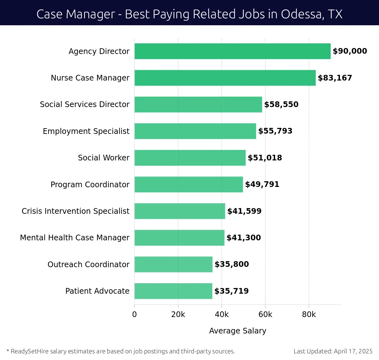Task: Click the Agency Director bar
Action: [232, 51]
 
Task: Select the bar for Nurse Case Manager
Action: [225, 78]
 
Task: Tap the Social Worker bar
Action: [190, 158]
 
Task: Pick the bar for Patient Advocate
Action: [173, 291]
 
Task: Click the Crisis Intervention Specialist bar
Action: [180, 211]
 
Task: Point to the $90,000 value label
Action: [350, 51]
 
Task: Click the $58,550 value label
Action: [281, 105]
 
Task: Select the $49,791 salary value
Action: [262, 184]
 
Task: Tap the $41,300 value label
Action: [244, 238]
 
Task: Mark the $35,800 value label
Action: [232, 264]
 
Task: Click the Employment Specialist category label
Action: [86, 131]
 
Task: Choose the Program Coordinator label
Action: [90, 184]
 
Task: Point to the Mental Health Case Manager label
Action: [75, 237]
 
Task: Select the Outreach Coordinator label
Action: [88, 264]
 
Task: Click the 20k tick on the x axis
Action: [178, 315]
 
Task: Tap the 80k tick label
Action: [309, 315]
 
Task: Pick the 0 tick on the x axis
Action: [135, 315]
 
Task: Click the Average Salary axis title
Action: [238, 331]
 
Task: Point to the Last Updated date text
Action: [333, 351]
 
